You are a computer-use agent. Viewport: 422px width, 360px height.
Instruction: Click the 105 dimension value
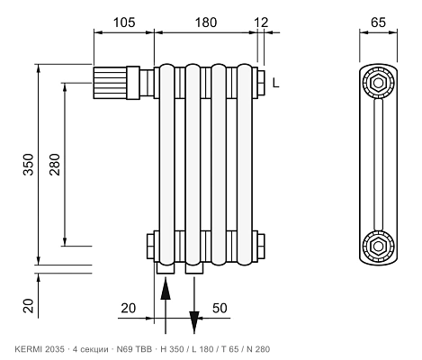(x=124, y=22)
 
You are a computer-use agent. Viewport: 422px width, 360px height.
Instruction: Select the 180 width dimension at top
(x=206, y=22)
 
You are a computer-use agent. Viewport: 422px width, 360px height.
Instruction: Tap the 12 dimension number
(x=261, y=22)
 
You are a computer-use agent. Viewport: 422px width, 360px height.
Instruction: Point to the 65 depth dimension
(x=378, y=22)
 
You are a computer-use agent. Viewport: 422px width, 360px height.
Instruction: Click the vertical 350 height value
(x=29, y=165)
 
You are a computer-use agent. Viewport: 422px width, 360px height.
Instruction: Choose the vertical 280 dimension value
(x=55, y=165)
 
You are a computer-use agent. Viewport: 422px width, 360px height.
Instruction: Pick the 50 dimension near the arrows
(x=220, y=308)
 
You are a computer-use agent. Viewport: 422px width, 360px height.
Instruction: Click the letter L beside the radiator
(x=276, y=83)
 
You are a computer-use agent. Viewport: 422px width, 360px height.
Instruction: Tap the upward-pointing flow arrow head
(x=166, y=290)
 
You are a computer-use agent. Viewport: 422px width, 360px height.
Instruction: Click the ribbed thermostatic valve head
(x=110, y=83)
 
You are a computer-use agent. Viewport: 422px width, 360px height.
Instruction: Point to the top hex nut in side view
(x=378, y=83)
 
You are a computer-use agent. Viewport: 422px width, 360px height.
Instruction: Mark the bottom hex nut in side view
(x=378, y=246)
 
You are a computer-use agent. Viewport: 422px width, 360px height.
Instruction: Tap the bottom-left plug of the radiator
(x=150, y=247)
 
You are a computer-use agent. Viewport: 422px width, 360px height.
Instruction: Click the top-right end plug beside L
(x=261, y=83)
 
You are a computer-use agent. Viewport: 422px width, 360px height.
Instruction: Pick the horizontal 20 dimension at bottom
(x=129, y=308)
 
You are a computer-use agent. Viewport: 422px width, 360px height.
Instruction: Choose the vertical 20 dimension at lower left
(x=29, y=306)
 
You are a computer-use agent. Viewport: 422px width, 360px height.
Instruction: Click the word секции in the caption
(x=94, y=349)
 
